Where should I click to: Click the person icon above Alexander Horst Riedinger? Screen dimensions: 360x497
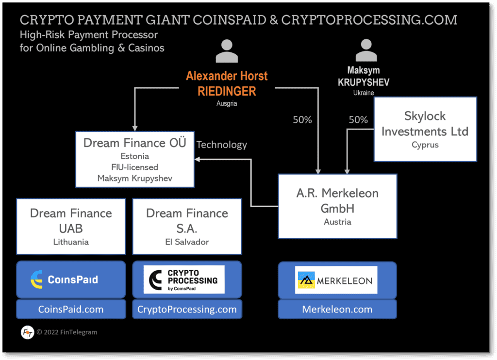click(227, 51)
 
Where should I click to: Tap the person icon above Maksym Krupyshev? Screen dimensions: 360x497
click(366, 50)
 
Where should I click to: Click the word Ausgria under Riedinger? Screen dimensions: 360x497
click(227, 103)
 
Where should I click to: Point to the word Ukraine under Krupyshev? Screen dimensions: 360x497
click(363, 92)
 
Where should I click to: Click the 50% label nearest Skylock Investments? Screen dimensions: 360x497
click(358, 120)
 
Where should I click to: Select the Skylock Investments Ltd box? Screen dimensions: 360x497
click(425, 129)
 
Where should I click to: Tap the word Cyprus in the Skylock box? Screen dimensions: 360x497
click(425, 145)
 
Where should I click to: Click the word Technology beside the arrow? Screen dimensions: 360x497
click(222, 145)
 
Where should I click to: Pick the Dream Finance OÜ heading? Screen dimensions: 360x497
click(135, 143)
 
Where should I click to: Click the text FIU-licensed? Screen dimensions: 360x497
click(135, 167)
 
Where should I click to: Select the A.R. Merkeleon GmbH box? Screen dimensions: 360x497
click(337, 206)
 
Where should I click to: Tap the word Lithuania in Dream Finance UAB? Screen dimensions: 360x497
click(71, 242)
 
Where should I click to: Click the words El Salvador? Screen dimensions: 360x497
click(187, 242)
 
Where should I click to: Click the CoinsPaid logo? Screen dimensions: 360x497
click(71, 279)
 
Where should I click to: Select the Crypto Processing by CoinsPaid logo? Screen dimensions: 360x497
click(184, 279)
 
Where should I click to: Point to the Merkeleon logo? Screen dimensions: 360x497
click(336, 280)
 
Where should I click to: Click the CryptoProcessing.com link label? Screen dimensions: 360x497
click(187, 309)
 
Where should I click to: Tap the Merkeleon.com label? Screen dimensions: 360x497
click(337, 309)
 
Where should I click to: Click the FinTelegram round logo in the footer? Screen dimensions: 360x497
click(28, 333)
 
